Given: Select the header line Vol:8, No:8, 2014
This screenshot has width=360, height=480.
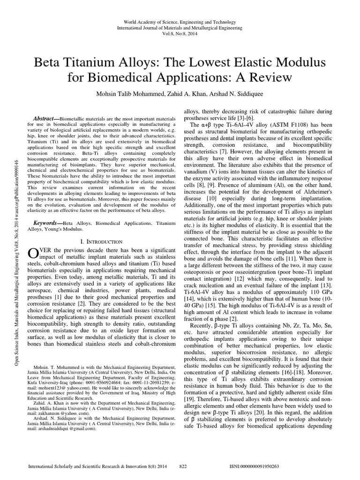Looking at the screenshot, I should tap(180, 34).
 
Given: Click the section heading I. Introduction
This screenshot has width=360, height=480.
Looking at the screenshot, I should tap(102, 241).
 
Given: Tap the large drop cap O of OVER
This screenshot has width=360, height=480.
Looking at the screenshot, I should tap(33, 254).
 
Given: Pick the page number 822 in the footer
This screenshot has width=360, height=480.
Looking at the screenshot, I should tap(184, 467).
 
